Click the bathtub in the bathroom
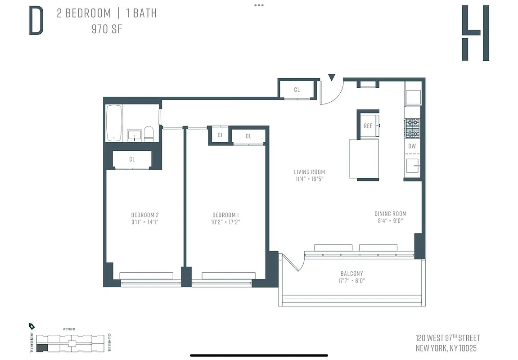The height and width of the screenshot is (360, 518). click(x=114, y=123)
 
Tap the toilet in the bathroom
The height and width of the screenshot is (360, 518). click(x=149, y=134)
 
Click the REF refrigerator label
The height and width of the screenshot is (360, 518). click(x=368, y=126)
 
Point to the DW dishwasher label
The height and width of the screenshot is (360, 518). click(x=412, y=146)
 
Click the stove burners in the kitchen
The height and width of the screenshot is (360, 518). click(x=413, y=128)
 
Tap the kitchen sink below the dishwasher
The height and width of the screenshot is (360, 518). click(x=412, y=166)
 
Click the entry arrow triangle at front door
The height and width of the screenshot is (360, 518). click(x=332, y=78)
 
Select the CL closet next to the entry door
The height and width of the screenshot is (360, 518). click(x=297, y=90)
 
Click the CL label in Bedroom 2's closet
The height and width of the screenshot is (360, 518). click(x=132, y=159)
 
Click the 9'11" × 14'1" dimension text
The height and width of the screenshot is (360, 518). click(x=145, y=222)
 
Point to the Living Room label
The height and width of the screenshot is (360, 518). click(x=309, y=172)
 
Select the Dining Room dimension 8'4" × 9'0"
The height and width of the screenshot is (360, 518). click(x=390, y=221)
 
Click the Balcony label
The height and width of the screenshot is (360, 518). click(x=351, y=274)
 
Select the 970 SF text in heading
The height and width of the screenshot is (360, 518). click(x=106, y=30)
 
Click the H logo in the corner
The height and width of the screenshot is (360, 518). click(x=475, y=33)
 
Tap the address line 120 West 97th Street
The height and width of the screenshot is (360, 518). click(x=448, y=338)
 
